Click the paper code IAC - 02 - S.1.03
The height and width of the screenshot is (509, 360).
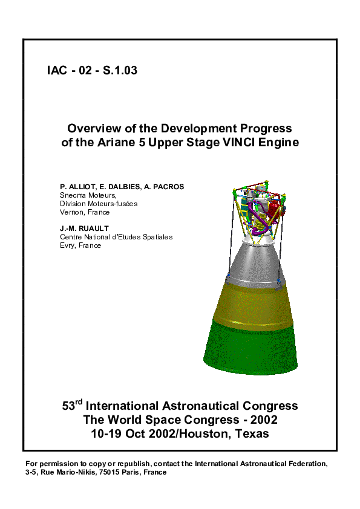[92, 71]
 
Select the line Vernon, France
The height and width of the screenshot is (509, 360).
[84, 212]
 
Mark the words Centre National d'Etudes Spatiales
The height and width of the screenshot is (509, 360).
[116, 237]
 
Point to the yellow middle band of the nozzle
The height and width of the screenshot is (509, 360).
[254, 302]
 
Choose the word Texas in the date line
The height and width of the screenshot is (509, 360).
[254, 434]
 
